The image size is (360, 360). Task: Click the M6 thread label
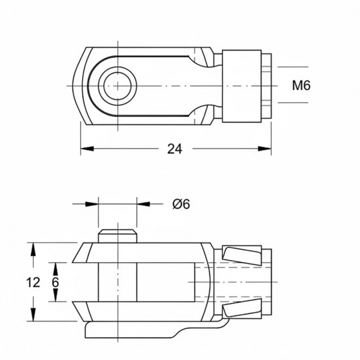(x=301, y=85)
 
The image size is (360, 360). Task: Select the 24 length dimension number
(x=175, y=149)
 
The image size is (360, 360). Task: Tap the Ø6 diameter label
(x=181, y=204)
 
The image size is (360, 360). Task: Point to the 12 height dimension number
(x=33, y=282)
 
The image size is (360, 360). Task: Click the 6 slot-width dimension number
(x=55, y=282)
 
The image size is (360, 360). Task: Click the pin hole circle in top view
(x=118, y=86)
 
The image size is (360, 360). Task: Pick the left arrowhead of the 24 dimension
(x=87, y=149)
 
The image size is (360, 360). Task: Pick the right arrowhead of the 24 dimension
(x=265, y=149)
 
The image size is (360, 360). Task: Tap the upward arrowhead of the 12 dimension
(x=34, y=249)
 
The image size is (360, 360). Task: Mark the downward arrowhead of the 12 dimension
(x=34, y=315)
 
